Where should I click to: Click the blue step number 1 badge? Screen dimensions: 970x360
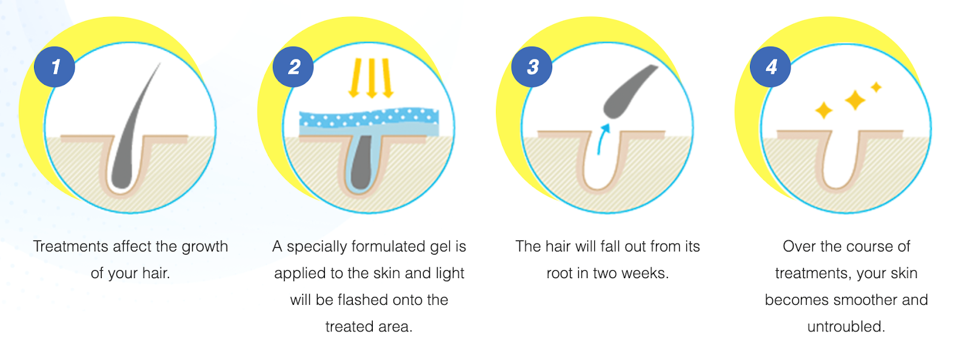click(55, 67)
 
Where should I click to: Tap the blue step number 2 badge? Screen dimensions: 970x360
click(293, 67)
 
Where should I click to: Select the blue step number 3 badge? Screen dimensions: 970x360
click(532, 67)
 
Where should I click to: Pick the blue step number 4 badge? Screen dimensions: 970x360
click(771, 67)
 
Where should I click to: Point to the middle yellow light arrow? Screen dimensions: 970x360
click(372, 78)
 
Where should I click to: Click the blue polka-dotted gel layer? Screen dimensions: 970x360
click(369, 118)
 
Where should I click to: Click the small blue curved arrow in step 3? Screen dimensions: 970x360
click(603, 138)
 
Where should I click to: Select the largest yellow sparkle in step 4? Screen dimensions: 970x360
click(855, 100)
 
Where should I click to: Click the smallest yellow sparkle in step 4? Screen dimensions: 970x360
click(877, 87)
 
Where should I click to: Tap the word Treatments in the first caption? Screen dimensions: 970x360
click(70, 246)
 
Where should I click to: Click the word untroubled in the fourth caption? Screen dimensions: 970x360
click(846, 326)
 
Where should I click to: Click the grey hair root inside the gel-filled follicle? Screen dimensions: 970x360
click(361, 162)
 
